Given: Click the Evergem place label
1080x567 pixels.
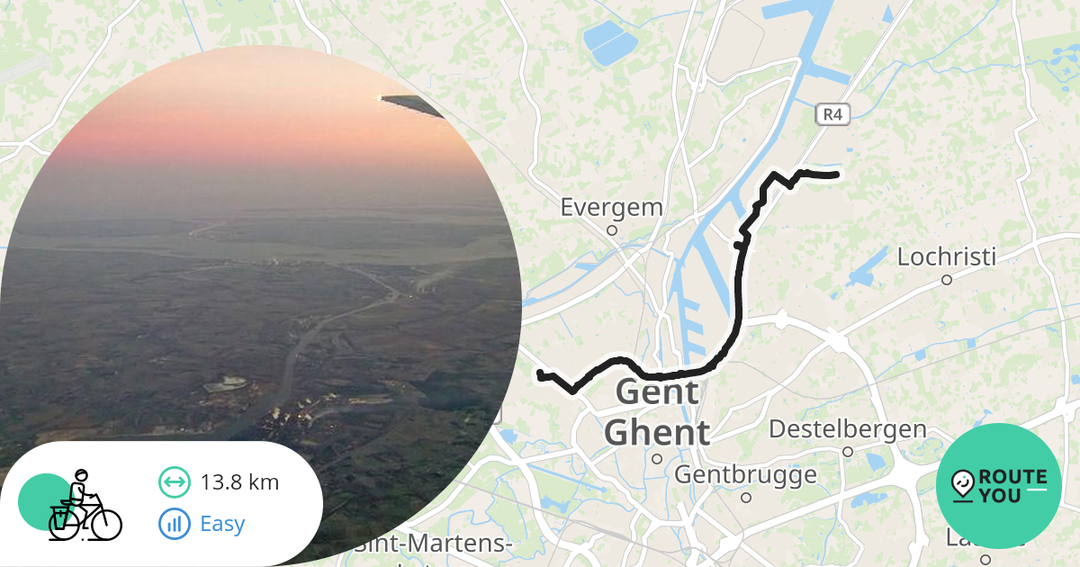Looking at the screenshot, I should coord(611,207).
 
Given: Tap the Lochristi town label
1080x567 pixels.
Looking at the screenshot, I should coord(946,257).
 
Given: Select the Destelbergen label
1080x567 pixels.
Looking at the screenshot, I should coord(847,429).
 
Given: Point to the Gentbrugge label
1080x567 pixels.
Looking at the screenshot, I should coord(745,474).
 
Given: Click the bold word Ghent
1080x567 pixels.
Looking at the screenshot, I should coord(656,433).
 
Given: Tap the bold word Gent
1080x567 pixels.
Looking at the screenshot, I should coord(656,392).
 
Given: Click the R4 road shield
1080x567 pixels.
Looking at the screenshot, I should coord(832,114).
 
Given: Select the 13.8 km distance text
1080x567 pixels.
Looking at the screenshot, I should coord(239,482).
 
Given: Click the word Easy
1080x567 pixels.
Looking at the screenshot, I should coord(222,523).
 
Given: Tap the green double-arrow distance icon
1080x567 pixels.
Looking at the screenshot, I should coord(174,482).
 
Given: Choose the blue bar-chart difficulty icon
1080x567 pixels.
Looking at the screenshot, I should coord(174,523).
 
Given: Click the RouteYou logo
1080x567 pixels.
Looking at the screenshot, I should coord(998,486).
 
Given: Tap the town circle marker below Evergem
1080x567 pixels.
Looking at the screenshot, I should coord(611,230).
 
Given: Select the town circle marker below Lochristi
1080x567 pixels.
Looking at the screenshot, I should coord(946,280).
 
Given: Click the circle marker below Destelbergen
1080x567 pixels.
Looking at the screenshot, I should coord(847,452).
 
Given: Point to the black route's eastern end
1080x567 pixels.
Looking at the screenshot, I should coord(836,174).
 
